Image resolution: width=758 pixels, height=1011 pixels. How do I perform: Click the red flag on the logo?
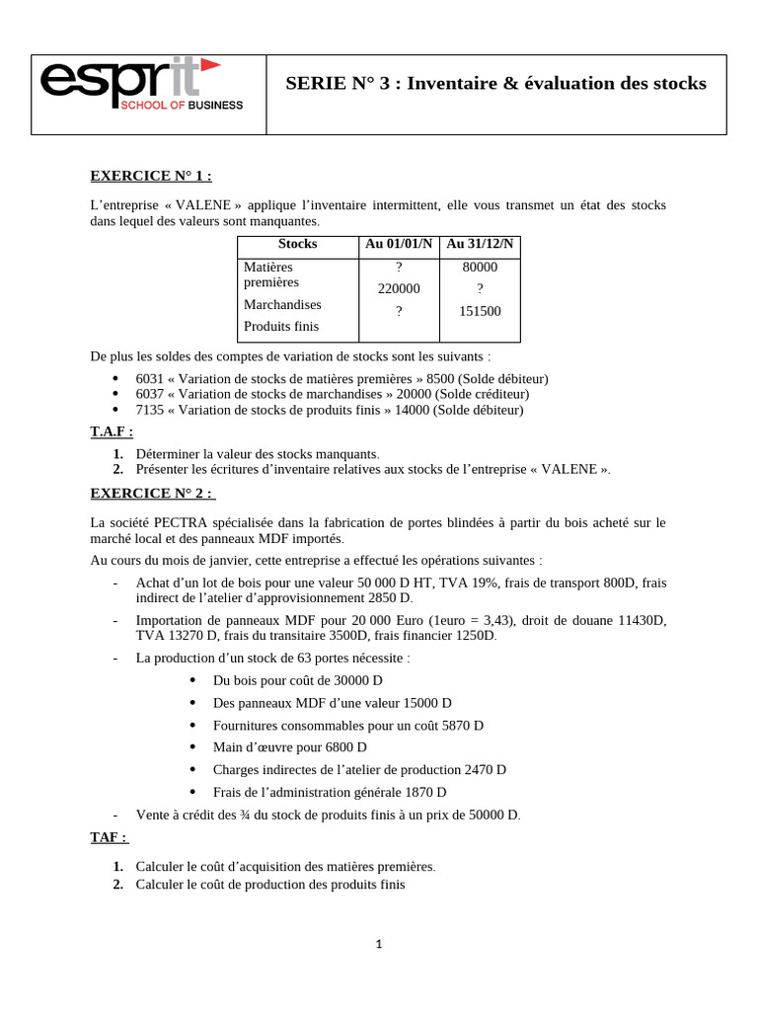point(209,65)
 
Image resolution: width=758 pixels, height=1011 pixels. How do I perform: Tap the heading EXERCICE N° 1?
point(151,176)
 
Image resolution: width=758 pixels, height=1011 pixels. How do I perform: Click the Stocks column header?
point(297,244)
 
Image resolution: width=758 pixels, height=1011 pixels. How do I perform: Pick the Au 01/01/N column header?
point(399,244)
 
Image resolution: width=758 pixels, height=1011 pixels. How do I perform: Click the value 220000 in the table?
point(399,289)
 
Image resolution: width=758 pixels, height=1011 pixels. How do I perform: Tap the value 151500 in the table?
point(480,311)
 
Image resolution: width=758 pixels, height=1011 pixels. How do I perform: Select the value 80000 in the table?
point(480,267)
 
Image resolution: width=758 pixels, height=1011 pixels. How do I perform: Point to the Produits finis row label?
point(281,327)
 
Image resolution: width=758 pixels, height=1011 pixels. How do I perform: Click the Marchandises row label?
point(282,304)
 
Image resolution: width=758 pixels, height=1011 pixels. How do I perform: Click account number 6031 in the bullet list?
point(150,378)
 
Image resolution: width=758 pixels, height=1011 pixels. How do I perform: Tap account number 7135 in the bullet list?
point(150,410)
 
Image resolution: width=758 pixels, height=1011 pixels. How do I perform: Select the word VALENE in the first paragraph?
point(203,205)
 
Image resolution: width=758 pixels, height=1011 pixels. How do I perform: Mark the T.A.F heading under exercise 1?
point(112,431)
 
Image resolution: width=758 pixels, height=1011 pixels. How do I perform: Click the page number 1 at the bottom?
point(378,944)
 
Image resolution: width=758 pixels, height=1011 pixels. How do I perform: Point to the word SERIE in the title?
point(312,84)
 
